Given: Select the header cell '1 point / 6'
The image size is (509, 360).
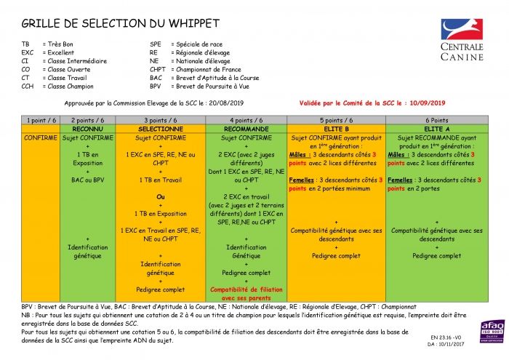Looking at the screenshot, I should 41,119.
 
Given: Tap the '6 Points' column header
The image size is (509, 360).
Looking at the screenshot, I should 436,119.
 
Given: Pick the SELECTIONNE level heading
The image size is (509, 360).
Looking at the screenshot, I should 160,128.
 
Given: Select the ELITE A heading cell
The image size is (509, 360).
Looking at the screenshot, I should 436,128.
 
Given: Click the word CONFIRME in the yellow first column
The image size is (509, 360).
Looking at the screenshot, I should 41,137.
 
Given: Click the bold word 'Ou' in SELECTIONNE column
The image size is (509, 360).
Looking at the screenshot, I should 161,196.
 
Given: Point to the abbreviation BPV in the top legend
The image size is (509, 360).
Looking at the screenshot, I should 156,86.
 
